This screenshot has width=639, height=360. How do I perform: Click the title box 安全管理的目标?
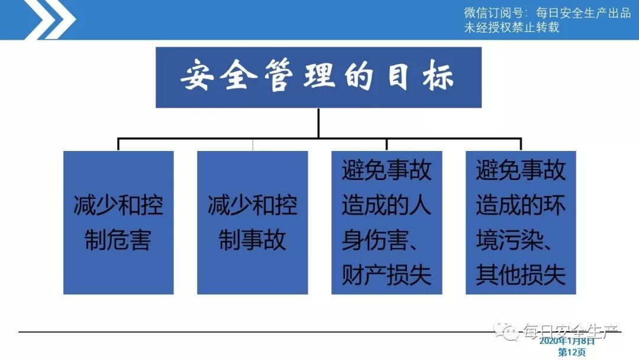318,77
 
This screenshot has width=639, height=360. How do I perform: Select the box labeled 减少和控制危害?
118,223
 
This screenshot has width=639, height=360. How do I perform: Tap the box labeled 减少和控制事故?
252,223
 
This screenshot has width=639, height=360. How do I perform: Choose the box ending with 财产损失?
386,223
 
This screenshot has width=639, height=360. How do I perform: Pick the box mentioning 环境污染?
521,223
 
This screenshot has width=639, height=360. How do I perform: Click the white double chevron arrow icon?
50,19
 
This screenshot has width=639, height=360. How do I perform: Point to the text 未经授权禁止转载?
511,28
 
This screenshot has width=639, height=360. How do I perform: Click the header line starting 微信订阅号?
547,13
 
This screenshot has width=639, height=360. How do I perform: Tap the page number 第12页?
572,352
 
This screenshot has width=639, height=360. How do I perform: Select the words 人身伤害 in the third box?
386,223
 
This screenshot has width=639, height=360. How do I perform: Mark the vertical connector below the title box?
318,123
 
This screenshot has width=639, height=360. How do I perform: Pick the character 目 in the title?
399,78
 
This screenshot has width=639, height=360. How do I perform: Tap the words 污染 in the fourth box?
520,240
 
